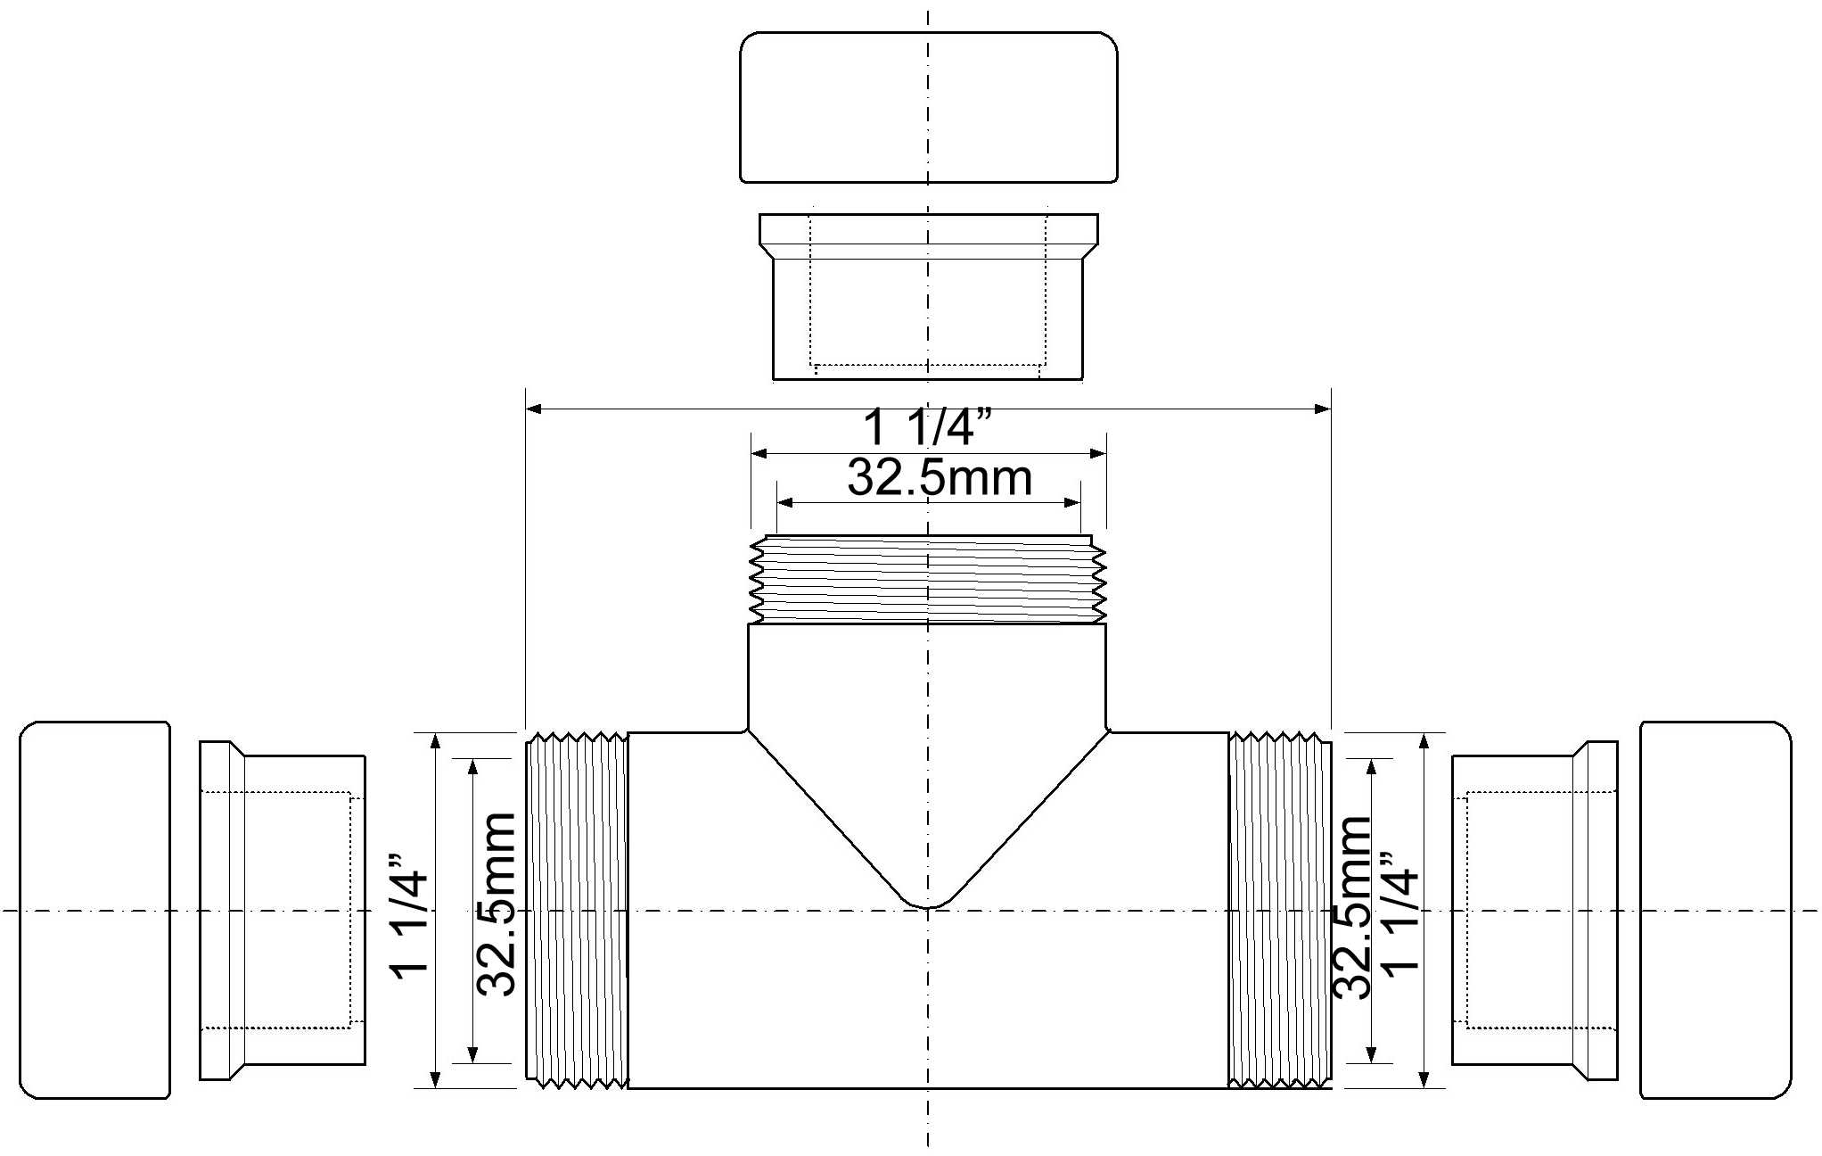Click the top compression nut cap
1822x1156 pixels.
(928, 108)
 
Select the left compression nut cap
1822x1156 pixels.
(94, 910)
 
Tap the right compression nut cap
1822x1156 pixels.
(1715, 910)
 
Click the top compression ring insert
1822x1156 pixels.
(928, 297)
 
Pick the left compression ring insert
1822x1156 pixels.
(283, 910)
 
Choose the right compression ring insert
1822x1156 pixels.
(1534, 910)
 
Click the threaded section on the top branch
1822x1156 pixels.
(928, 579)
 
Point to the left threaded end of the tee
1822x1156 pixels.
(578, 910)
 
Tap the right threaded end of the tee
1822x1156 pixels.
(1280, 910)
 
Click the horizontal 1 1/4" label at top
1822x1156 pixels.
(927, 428)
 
